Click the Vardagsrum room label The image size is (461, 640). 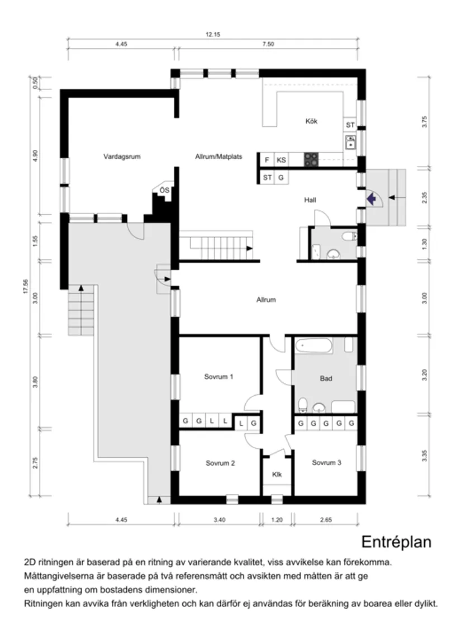click(121, 157)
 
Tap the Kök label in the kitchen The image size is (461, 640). click(311, 121)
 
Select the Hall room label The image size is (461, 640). click(311, 200)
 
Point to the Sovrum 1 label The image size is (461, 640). click(218, 377)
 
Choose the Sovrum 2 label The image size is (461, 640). click(220, 463)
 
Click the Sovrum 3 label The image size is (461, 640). click(326, 463)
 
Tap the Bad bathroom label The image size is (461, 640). click(326, 378)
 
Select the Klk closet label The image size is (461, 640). click(277, 475)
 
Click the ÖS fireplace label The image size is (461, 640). click(164, 191)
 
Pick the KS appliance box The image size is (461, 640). click(282, 160)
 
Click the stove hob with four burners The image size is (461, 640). click(311, 160)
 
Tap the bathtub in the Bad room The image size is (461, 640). click(313, 345)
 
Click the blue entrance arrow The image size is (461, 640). click(370, 197)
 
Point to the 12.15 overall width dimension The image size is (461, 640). click(213, 34)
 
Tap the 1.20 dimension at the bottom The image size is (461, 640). click(277, 520)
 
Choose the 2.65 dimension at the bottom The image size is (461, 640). click(326, 520)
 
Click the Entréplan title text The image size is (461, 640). click(397, 542)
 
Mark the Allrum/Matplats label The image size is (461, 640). click(218, 157)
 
